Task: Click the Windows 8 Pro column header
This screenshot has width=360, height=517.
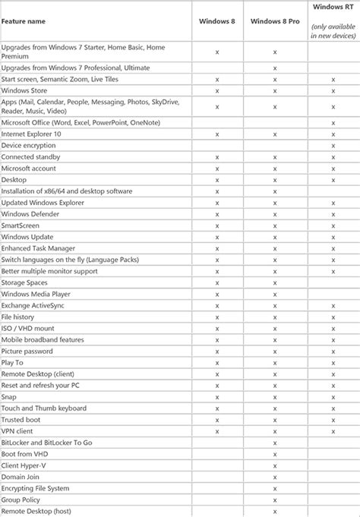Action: (274, 21)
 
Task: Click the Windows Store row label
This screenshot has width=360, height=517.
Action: (26, 90)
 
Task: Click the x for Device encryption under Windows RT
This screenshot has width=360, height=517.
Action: (333, 146)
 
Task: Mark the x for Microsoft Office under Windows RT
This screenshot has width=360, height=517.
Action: (333, 123)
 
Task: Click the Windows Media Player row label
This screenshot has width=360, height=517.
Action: (36, 294)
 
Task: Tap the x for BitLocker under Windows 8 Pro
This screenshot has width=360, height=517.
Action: (274, 443)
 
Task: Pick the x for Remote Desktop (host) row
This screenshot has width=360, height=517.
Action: (274, 511)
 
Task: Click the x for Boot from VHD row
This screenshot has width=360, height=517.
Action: (274, 454)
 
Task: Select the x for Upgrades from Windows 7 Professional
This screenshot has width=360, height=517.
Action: (274, 68)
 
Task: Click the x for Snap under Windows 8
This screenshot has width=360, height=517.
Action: (217, 397)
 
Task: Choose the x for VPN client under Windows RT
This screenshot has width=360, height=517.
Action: (333, 431)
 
